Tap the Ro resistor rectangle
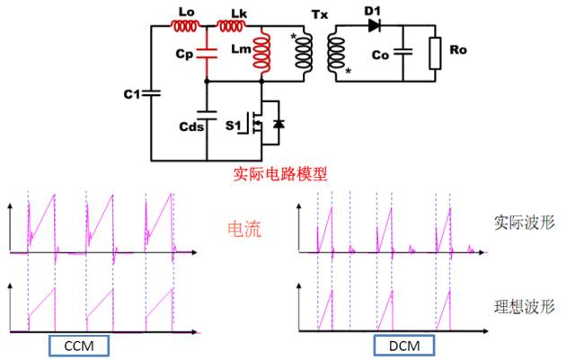[x=436, y=53]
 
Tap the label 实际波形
[x=521, y=221]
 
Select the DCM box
[x=403, y=346]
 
